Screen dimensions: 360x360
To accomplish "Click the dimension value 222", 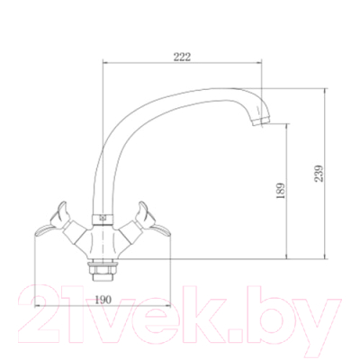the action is coord(182,57).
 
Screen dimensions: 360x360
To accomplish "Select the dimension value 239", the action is coord(319,173).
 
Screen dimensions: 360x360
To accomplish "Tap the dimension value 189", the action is coord(280,191).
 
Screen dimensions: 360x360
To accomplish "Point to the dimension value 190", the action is coord(103,300).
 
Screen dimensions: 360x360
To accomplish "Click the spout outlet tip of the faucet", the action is coord(261,121).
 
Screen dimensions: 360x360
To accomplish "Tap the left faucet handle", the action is coord(52,220).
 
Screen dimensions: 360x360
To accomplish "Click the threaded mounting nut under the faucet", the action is coord(103,270).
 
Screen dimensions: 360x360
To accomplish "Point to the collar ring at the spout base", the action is coord(103,219).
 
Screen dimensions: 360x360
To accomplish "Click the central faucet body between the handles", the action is coord(103,241).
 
